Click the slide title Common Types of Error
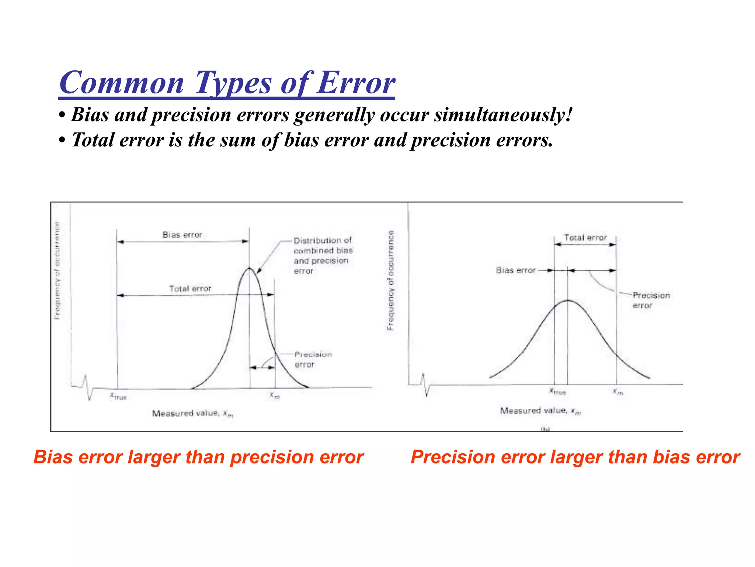pyautogui.click(x=227, y=83)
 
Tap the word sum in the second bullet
pyautogui.click(x=238, y=140)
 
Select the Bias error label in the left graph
pyautogui.click(x=182, y=235)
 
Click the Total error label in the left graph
pyautogui.click(x=190, y=288)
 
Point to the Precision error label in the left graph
pyautogui.click(x=313, y=359)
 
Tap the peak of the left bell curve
pyautogui.click(x=250, y=268)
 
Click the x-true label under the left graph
pyautogui.click(x=118, y=396)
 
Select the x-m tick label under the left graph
pyautogui.click(x=275, y=396)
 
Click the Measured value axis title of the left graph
pyautogui.click(x=192, y=413)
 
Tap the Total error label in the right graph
pyautogui.click(x=585, y=238)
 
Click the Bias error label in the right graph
pyautogui.click(x=515, y=270)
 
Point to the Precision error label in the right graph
pyautogui.click(x=651, y=300)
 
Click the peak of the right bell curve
pyautogui.click(x=568, y=300)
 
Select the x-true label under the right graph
pyautogui.click(x=557, y=391)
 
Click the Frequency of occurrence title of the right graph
pyautogui.click(x=391, y=281)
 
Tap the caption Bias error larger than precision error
pyautogui.click(x=198, y=457)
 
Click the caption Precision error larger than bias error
pyautogui.click(x=575, y=457)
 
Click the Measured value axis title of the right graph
pyautogui.click(x=540, y=411)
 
